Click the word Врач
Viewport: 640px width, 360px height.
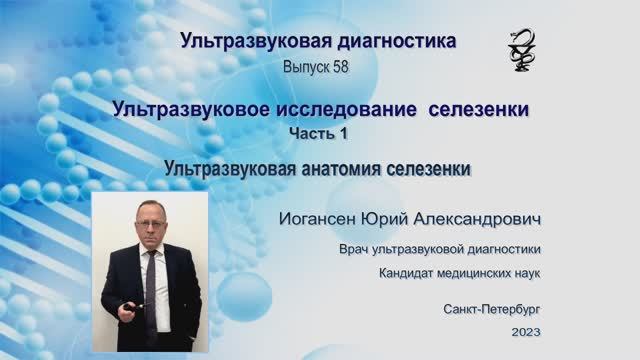357,249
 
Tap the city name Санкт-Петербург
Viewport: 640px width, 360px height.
492,310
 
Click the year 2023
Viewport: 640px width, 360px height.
525,331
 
